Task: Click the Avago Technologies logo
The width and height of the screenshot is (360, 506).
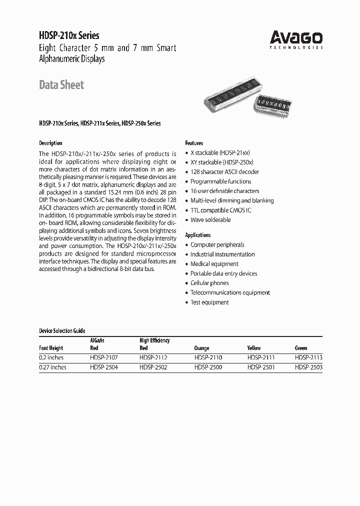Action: click(296, 39)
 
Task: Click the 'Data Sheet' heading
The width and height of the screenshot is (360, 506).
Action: click(61, 85)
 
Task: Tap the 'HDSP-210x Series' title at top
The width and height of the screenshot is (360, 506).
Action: click(69, 35)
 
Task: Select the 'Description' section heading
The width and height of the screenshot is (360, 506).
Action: click(50, 143)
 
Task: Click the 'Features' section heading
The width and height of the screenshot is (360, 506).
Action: click(194, 143)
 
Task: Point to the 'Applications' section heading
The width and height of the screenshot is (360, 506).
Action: click(198, 235)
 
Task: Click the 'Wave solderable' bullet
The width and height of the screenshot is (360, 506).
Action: click(210, 219)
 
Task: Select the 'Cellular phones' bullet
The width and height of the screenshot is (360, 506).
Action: click(209, 283)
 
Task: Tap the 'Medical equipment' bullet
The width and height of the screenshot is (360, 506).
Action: click(214, 264)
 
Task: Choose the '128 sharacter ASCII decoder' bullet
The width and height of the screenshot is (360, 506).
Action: click(225, 172)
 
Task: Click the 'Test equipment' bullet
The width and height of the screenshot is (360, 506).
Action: click(209, 302)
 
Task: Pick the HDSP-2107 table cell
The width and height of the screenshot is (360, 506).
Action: click(104, 358)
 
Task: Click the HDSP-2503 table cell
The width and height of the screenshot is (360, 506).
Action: click(308, 367)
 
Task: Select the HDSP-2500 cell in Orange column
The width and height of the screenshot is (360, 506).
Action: click(207, 367)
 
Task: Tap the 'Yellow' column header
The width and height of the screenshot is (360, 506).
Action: click(254, 348)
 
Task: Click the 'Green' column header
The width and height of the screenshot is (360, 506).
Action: click(301, 348)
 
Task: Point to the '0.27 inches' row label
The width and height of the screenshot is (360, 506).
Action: click(52, 367)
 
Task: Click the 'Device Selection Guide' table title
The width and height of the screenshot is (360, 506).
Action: click(62, 331)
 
